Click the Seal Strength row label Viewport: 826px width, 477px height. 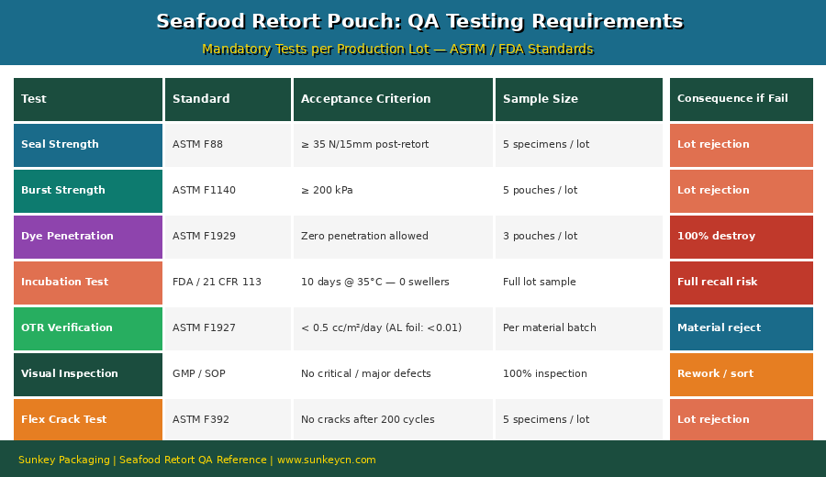(x=88, y=145)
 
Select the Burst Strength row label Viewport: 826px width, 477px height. (x=88, y=191)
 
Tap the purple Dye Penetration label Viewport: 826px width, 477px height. (x=88, y=237)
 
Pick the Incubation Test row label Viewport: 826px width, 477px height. (x=88, y=283)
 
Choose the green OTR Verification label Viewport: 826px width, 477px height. (x=88, y=328)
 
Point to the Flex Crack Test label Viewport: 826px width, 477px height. (x=88, y=420)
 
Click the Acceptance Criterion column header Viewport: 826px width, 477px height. (x=393, y=99)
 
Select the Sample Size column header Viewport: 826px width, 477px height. (x=578, y=99)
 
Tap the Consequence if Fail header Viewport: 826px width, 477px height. (x=741, y=99)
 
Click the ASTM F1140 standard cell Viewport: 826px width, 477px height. (x=228, y=191)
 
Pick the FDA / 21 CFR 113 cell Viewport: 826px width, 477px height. (x=228, y=283)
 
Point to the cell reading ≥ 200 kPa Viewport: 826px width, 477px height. (x=393, y=191)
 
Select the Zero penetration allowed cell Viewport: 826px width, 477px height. (x=393, y=237)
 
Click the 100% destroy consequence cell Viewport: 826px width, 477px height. (x=741, y=237)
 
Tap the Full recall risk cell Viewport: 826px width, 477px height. (x=741, y=283)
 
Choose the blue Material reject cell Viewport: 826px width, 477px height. (x=741, y=328)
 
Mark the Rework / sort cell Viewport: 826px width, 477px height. (x=741, y=374)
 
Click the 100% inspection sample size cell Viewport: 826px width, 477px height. (x=578, y=374)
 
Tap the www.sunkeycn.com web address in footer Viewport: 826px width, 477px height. (x=327, y=460)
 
